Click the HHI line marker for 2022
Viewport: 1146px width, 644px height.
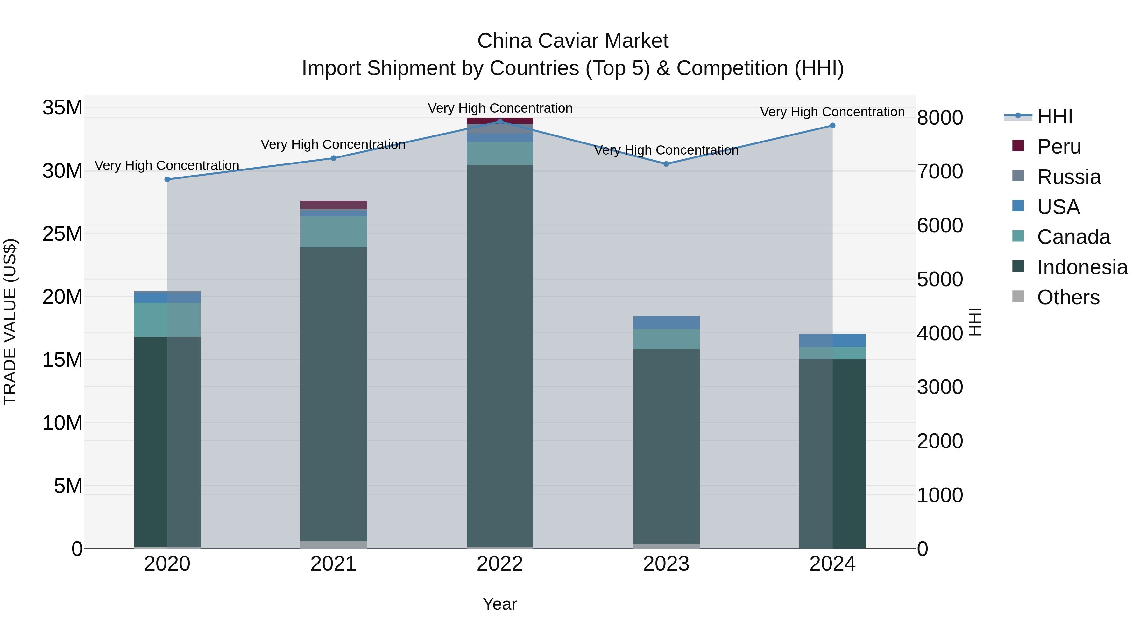(499, 121)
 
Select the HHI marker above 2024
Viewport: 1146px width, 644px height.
(832, 126)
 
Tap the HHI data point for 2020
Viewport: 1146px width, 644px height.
(167, 180)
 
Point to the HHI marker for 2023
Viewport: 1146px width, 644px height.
(666, 164)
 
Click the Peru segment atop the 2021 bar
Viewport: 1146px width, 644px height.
(333, 205)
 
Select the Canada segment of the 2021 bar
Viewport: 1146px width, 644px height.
(333, 232)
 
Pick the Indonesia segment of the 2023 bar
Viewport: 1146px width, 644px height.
(666, 445)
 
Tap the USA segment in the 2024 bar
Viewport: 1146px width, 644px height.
(832, 340)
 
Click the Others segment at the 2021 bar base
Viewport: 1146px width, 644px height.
(333, 544)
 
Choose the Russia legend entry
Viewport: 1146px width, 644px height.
(1069, 177)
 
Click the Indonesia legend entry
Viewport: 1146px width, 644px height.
(1082, 267)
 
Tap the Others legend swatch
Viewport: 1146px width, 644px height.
(1018, 296)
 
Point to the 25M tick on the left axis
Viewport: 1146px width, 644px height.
(62, 234)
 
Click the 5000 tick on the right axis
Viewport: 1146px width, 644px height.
(940, 280)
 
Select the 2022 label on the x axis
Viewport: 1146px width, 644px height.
(499, 564)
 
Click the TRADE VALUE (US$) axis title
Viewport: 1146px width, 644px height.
(10, 322)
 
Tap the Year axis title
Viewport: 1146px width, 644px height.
(499, 604)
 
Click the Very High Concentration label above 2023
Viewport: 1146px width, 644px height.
(666, 150)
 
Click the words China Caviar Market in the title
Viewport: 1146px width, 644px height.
(573, 41)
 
